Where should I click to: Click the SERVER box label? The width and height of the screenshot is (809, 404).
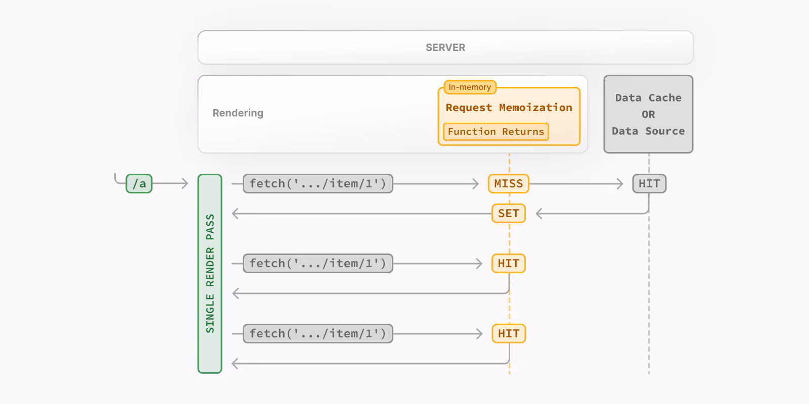(x=445, y=47)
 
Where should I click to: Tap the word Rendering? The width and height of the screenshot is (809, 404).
(x=238, y=113)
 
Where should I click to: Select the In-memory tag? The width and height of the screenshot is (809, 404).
(x=470, y=87)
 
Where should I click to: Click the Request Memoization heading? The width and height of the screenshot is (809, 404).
(x=509, y=108)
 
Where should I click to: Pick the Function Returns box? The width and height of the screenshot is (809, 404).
(x=496, y=132)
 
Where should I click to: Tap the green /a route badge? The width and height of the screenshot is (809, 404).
(x=139, y=184)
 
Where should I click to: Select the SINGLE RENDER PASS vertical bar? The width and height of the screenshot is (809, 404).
(x=210, y=274)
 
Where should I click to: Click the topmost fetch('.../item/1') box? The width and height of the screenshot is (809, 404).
(x=318, y=184)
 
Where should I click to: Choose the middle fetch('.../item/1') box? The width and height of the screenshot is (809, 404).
(x=318, y=264)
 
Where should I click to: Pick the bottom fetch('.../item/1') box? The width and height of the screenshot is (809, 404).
(x=318, y=334)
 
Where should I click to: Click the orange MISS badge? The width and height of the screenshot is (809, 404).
(x=509, y=184)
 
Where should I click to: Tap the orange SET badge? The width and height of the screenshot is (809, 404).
(x=509, y=214)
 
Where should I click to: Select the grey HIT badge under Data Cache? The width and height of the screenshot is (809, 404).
(x=649, y=184)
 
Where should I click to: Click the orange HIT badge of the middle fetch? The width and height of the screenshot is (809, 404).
(x=509, y=264)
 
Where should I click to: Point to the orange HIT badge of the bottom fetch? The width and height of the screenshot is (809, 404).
(x=509, y=334)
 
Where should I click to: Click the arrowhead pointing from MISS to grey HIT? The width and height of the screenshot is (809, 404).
(x=620, y=184)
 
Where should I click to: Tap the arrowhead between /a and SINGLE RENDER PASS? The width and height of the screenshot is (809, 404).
(x=185, y=184)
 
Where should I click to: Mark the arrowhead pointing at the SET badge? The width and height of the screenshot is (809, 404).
(x=539, y=214)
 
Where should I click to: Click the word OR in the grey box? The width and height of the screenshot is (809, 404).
(x=648, y=115)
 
